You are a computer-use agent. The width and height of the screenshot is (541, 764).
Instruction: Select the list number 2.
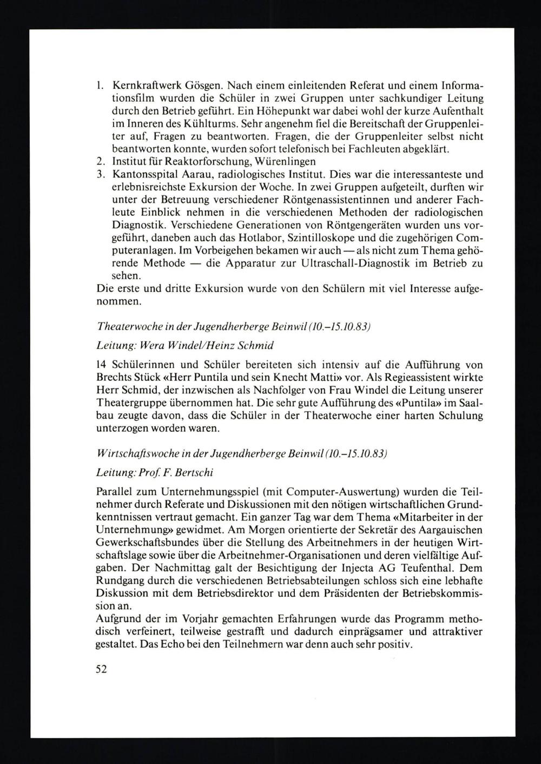tap(100, 161)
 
